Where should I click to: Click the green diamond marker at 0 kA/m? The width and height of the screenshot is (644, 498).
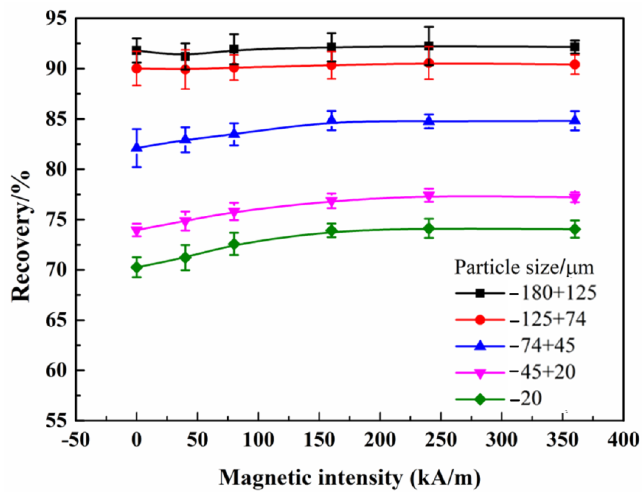pos(137,267)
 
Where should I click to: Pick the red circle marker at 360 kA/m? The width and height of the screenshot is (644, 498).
pos(575,64)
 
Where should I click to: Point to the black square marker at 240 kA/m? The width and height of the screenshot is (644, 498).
pos(429,46)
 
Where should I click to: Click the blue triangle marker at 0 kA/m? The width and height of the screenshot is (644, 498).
pos(137,147)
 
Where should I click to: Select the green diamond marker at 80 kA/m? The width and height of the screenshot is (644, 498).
pos(234,244)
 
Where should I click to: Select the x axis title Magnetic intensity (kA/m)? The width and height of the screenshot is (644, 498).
pos(350,478)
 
